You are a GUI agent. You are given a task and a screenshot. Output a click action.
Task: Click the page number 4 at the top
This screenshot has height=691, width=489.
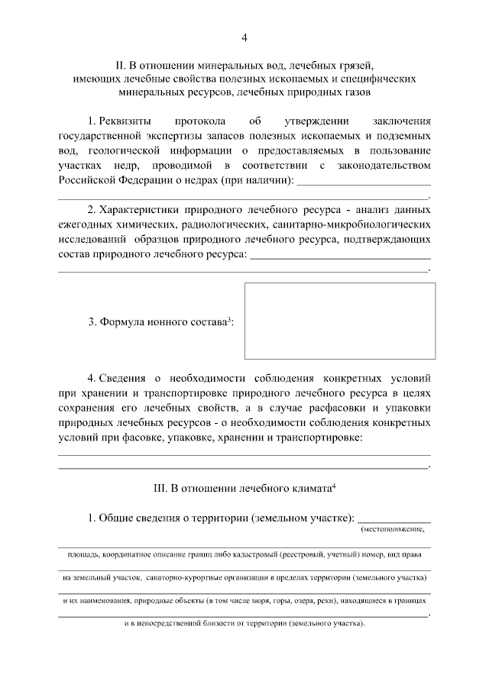point(244,37)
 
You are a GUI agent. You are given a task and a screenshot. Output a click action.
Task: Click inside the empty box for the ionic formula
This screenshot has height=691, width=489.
point(339,321)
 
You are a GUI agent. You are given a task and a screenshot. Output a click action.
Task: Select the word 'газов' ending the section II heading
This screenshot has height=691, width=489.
point(355,93)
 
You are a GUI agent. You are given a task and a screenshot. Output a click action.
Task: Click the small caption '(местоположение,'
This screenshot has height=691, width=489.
point(392,529)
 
